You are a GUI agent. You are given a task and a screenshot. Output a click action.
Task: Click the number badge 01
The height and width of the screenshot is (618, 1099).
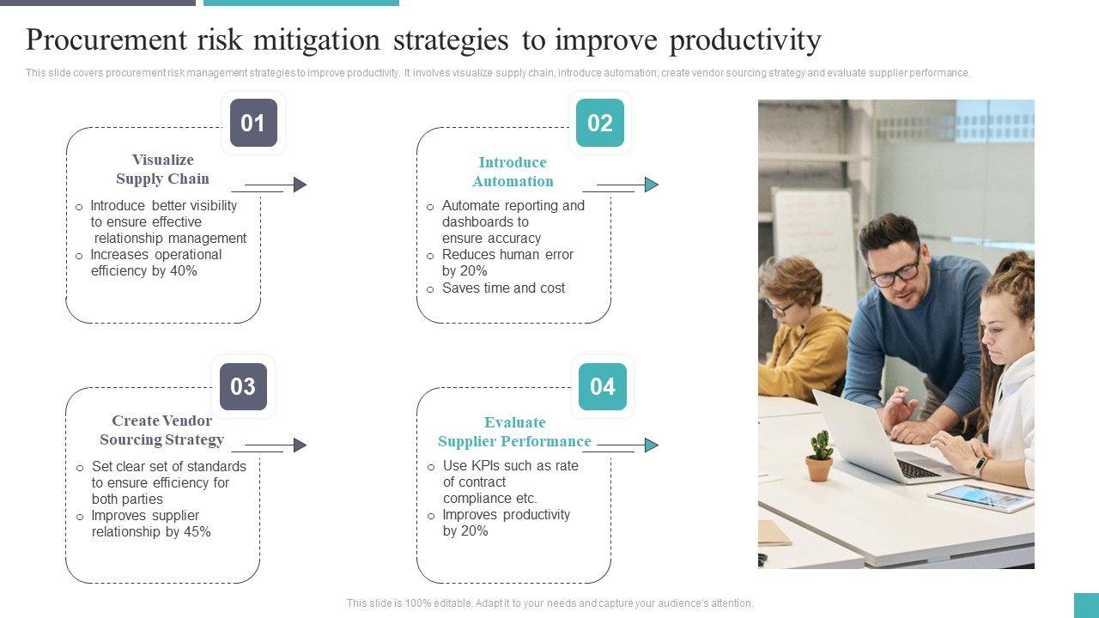coord(253,123)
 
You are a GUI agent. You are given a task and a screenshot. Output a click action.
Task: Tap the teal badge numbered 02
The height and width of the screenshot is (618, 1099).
coord(600,123)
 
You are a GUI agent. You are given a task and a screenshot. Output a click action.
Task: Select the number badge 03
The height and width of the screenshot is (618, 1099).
coord(243,386)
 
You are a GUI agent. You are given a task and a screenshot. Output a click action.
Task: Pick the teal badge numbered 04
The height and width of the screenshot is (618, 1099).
coord(603,386)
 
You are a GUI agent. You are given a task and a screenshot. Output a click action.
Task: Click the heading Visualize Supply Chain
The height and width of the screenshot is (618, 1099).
coord(162,169)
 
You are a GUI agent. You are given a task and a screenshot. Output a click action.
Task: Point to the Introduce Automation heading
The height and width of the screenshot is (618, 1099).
coord(513,172)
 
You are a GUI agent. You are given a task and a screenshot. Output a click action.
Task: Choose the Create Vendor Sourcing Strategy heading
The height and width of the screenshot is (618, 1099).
coord(162,430)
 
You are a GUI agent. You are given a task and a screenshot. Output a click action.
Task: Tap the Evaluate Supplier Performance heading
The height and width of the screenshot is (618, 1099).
coord(514,432)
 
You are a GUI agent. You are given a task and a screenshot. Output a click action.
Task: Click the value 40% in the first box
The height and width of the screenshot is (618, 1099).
coord(184,270)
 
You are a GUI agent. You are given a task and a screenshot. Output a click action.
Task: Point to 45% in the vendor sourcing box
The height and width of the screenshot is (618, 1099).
coord(197,531)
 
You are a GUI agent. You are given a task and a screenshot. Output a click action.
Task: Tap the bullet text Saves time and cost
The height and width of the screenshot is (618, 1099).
coord(503,288)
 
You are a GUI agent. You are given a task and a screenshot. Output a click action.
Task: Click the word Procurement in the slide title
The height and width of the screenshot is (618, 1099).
coord(106,39)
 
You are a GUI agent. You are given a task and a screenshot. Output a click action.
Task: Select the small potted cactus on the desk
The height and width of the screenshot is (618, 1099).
coord(819,456)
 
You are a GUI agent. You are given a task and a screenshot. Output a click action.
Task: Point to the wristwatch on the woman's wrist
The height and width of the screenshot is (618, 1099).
coord(981,466)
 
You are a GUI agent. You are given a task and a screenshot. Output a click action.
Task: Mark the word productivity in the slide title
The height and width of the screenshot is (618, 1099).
coord(745,39)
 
